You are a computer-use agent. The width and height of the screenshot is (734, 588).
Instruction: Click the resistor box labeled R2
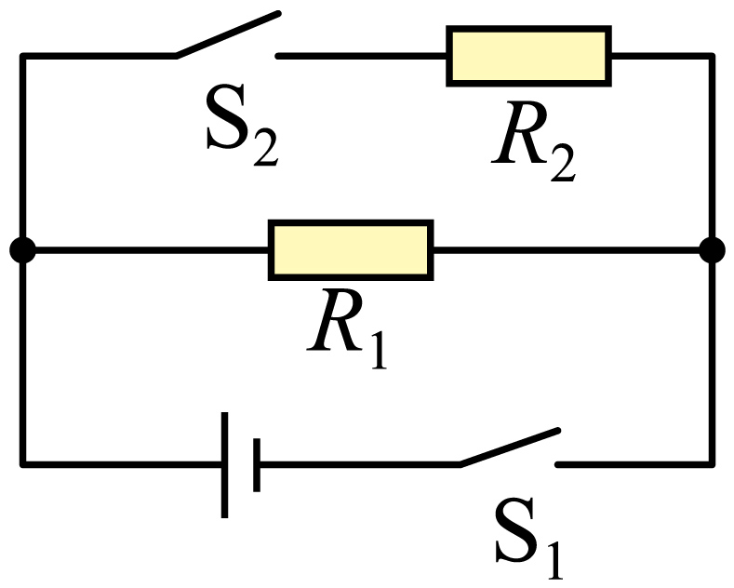coord(529,56)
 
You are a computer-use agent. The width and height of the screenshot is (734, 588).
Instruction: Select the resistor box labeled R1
coord(351,250)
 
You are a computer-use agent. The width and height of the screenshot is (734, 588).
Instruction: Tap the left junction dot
coord(22,250)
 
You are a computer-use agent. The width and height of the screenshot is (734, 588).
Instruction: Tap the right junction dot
coord(712,250)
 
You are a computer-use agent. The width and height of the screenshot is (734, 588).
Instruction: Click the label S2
coord(243,125)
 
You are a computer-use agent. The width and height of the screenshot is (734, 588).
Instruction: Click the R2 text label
coord(534,140)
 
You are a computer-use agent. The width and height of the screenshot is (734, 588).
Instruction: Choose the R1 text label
coord(347,328)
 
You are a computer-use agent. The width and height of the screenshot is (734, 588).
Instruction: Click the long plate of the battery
coord(225,465)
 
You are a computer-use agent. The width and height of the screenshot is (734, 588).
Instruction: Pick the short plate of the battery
coord(257,465)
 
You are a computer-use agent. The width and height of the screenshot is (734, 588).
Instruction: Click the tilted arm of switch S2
coord(228,34)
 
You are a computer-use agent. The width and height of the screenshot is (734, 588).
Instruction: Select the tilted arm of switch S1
coord(510,448)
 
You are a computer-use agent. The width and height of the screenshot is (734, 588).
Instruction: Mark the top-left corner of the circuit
coord(22,56)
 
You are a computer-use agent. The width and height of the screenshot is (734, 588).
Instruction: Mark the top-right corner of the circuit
coord(712,56)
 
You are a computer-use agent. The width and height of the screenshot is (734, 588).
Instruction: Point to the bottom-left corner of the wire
coord(22,464)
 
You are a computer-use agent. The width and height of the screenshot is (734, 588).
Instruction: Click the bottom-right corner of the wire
coord(712,464)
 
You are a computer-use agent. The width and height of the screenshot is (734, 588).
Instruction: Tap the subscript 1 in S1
coord(553,560)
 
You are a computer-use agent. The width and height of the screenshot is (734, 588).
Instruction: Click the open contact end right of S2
coord(278,56)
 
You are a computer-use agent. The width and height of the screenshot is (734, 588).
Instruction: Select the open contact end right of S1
coord(557,464)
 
